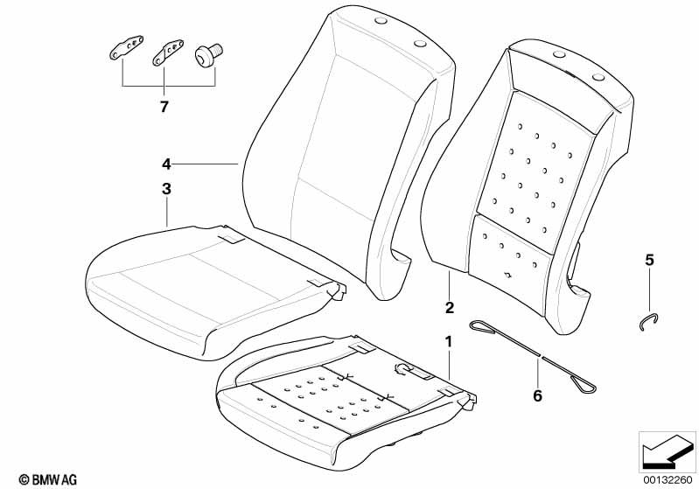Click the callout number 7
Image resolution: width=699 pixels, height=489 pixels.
[164, 107]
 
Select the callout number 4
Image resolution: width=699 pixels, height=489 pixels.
[166, 164]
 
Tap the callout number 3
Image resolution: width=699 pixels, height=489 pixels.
[166, 189]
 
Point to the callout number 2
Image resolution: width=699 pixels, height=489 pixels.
[450, 307]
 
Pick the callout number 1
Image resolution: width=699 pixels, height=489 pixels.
[449, 342]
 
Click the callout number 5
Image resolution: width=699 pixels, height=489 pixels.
[649, 260]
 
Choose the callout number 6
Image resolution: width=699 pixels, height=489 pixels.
[538, 395]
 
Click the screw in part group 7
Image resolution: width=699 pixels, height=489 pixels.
[208, 53]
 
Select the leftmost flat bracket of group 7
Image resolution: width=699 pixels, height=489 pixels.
[127, 47]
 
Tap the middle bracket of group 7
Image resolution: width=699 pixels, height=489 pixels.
[169, 52]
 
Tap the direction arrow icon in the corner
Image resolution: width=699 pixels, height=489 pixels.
[667, 451]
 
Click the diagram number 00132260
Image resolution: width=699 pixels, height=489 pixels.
[668, 479]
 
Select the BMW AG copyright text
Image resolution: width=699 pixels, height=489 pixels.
[48, 479]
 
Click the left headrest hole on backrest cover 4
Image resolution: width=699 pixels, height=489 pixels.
[381, 20]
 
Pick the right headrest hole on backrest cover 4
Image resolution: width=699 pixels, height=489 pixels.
[421, 43]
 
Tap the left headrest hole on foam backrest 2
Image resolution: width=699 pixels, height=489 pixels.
[558, 54]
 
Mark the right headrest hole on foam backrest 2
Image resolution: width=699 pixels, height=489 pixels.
[598, 78]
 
